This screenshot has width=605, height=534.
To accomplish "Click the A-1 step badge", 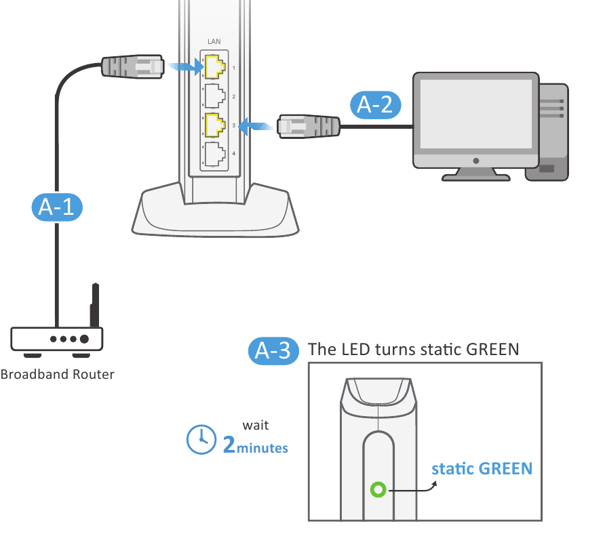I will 57,207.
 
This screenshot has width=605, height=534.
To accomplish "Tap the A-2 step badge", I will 376,104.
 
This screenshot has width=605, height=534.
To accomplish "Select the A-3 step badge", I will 273,350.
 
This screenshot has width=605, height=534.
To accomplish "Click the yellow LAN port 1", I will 215,66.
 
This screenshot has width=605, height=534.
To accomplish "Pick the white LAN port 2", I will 215,96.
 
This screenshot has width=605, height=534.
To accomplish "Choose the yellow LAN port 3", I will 215,125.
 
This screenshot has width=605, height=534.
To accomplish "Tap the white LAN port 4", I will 215,154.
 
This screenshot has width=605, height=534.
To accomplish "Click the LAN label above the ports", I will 214,42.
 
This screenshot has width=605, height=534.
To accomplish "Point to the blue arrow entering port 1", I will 186,66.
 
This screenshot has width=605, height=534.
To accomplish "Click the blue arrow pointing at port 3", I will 257,125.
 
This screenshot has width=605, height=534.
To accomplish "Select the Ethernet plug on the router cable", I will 133,66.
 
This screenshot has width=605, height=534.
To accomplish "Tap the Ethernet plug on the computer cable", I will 309,125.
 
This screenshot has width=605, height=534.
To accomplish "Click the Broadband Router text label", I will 58,374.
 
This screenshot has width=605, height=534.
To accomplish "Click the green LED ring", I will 378,489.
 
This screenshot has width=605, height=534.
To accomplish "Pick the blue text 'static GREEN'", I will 482,468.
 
